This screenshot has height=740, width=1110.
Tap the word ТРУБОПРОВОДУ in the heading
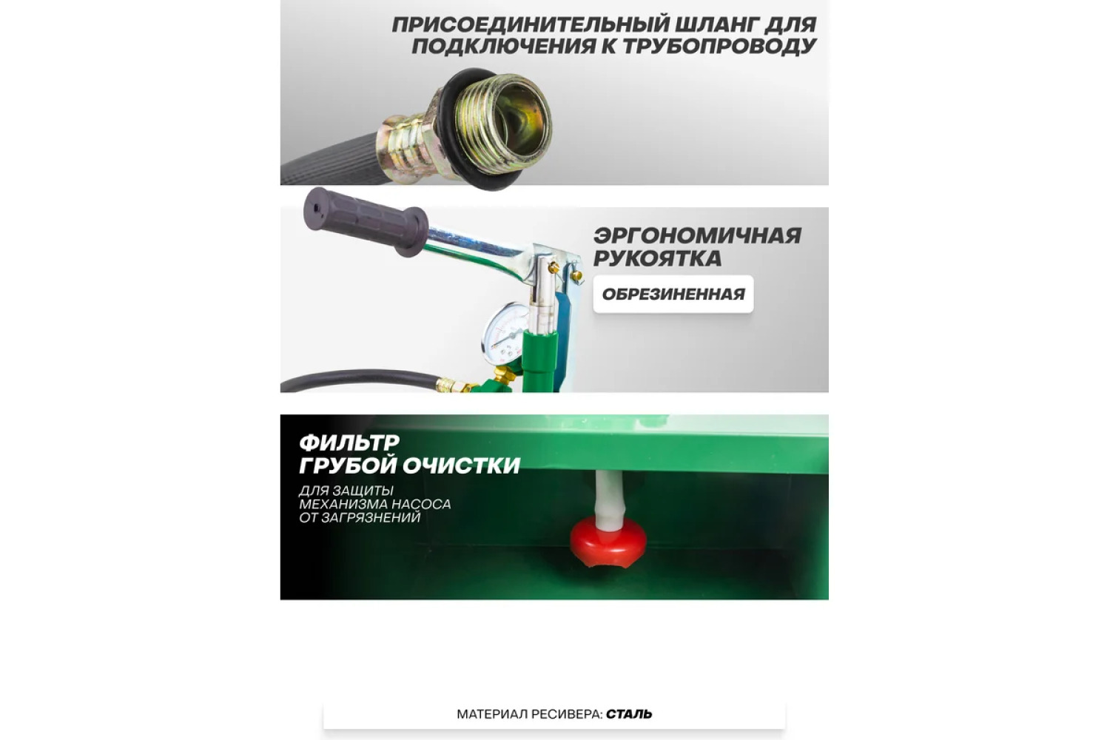[719, 47]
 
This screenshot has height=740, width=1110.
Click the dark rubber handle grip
[366, 221]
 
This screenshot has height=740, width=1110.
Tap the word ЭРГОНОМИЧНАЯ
[697, 236]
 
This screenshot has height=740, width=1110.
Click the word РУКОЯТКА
[658, 258]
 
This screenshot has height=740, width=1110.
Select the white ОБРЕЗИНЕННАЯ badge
[673, 294]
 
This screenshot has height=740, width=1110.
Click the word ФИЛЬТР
[349, 443]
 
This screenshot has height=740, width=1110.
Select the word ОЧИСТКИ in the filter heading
[461, 465]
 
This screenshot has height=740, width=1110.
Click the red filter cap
[608, 542]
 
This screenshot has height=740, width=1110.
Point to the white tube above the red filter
[610, 499]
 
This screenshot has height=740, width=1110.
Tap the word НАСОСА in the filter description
[421, 504]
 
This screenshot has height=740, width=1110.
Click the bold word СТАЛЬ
[629, 714]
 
